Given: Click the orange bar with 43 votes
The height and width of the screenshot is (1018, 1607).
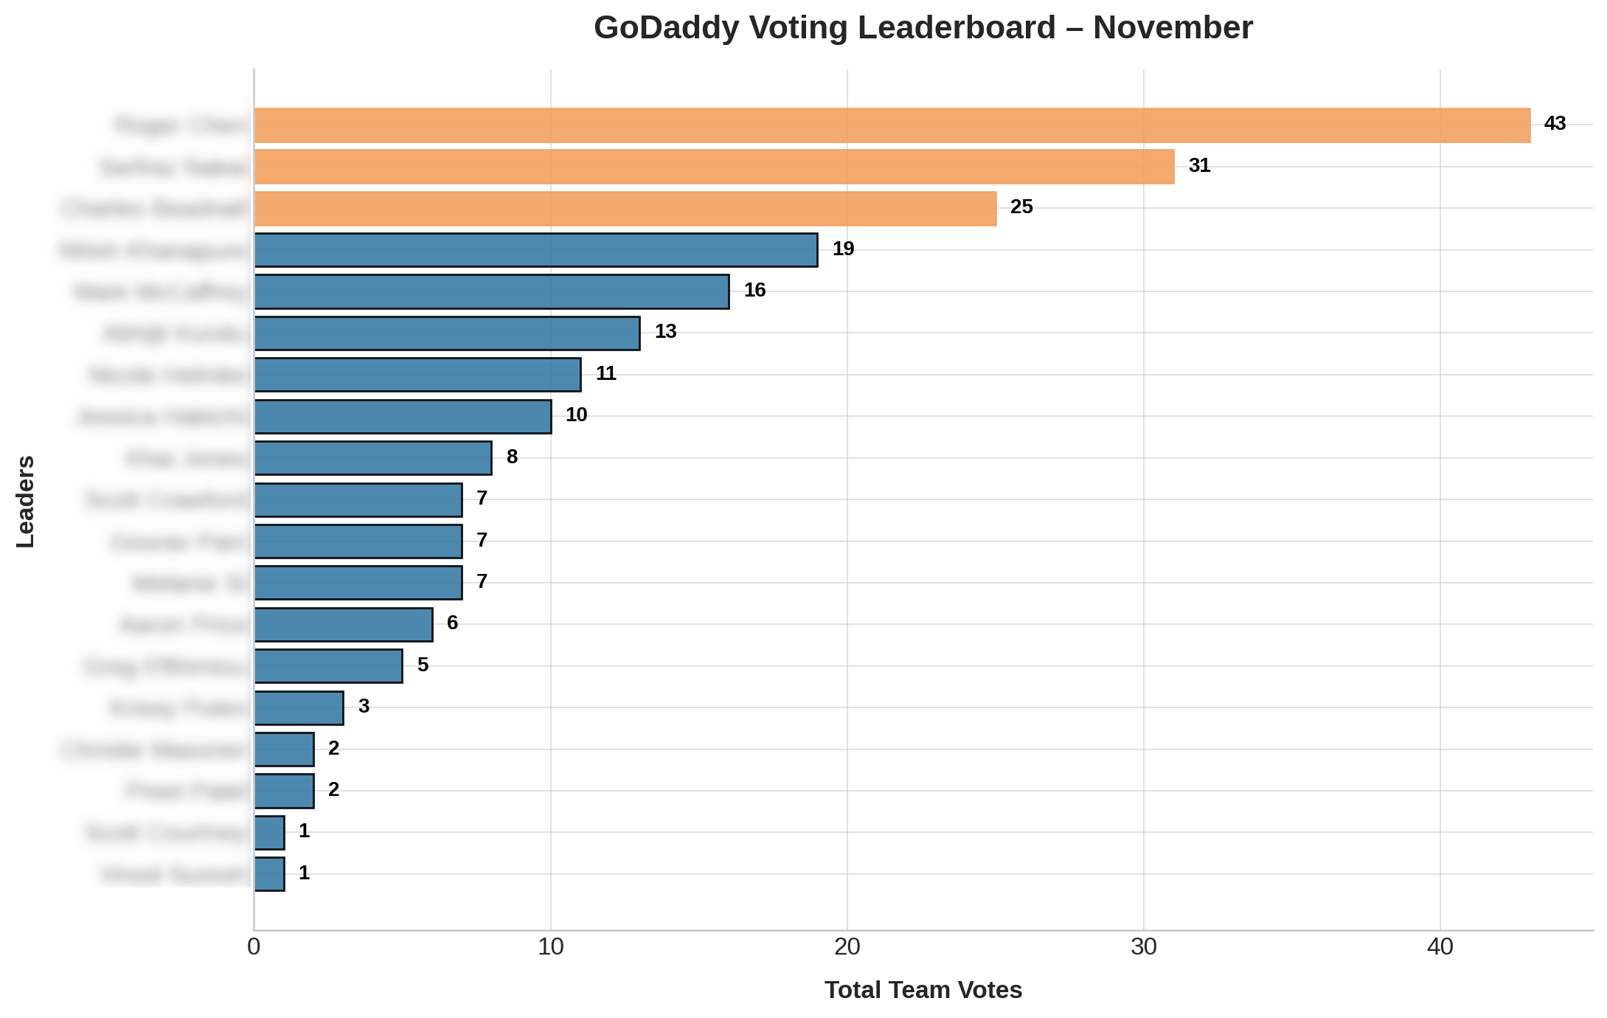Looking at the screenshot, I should pyautogui.click(x=892, y=125).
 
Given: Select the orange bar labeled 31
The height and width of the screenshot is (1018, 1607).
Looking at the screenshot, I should pyautogui.click(x=714, y=167).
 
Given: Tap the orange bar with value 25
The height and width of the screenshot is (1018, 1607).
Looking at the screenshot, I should pyautogui.click(x=625, y=209).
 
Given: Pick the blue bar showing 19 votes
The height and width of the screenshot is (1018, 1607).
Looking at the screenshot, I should pyautogui.click(x=536, y=250).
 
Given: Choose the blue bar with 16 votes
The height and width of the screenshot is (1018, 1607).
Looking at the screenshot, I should pyautogui.click(x=492, y=291).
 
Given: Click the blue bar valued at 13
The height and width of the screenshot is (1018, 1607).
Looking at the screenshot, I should pyautogui.click(x=447, y=333).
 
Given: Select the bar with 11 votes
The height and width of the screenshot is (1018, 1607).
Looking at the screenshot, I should pyautogui.click(x=417, y=375).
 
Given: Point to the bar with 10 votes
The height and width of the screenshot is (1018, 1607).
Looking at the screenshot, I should pyautogui.click(x=403, y=417).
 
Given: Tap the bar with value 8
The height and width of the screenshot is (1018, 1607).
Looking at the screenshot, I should pyautogui.click(x=373, y=458).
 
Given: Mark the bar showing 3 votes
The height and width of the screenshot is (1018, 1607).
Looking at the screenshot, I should pyautogui.click(x=299, y=708).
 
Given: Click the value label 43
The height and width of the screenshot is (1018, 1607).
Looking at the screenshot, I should pyautogui.click(x=1555, y=124).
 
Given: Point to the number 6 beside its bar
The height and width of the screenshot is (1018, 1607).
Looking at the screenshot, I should pyautogui.click(x=452, y=623).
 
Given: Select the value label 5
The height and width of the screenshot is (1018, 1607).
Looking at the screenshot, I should pyautogui.click(x=423, y=665).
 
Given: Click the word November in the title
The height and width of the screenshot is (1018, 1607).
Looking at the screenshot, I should pyautogui.click(x=1173, y=28).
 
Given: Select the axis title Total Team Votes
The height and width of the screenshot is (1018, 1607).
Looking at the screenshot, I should pyautogui.click(x=923, y=990).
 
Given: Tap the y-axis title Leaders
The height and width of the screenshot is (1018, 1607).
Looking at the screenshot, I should pyautogui.click(x=26, y=502).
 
